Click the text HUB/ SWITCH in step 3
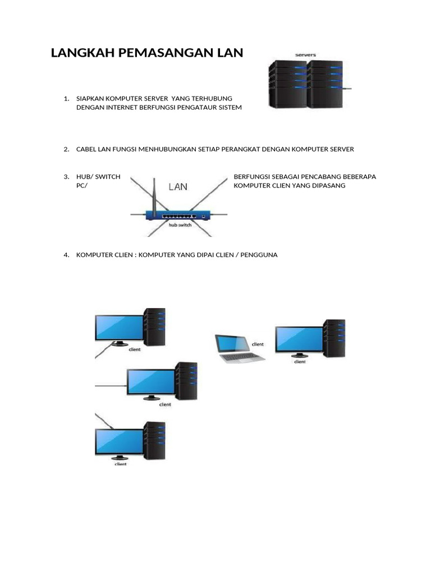(98, 176)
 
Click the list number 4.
(66, 255)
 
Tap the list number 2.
(66, 149)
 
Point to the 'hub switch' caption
(180, 225)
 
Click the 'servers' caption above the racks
(305, 55)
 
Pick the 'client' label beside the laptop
(258, 344)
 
